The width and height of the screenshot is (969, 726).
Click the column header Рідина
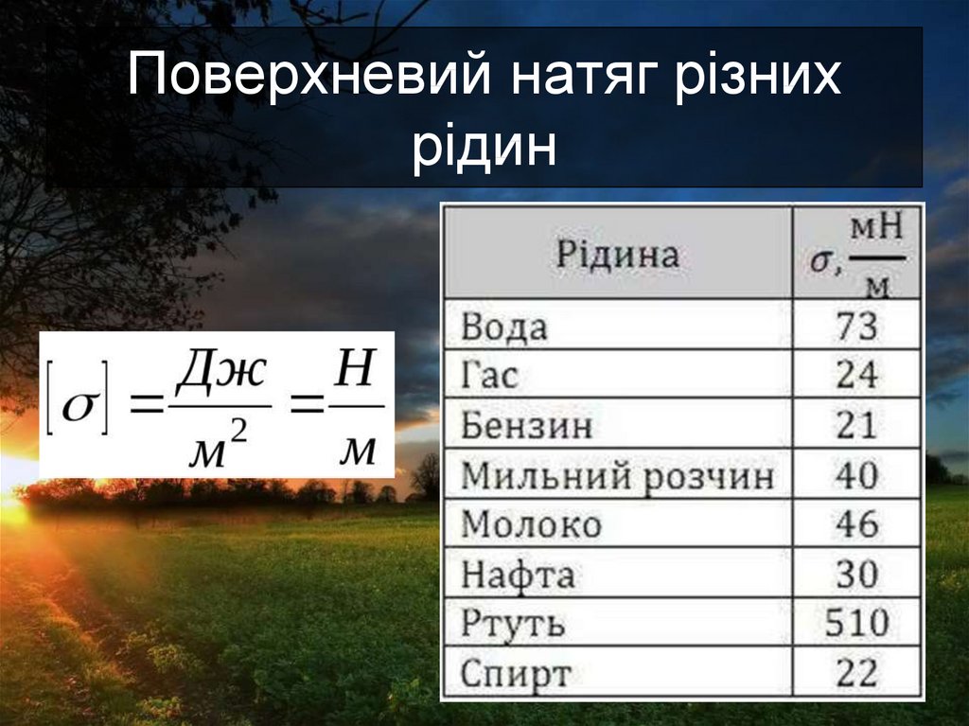[617, 255]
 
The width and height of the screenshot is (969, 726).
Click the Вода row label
[504, 328]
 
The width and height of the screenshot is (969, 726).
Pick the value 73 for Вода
[856, 328]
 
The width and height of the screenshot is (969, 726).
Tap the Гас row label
[490, 377]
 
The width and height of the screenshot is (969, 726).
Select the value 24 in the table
[856, 377]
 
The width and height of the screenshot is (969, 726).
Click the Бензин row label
[527, 426]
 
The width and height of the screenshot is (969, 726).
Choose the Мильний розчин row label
[617, 475]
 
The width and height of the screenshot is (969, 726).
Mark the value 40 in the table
[856, 475]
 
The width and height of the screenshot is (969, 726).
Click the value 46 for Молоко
[856, 524]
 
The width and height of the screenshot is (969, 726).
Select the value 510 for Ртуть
[856, 623]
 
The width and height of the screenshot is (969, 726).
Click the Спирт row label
[516, 674]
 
